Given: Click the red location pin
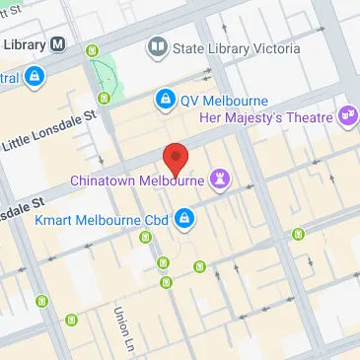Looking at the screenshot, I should (175, 157).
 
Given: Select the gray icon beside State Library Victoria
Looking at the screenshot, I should (157, 45).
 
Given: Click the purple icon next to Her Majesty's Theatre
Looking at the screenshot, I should (347, 116).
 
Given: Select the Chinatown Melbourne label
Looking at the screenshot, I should (137, 180).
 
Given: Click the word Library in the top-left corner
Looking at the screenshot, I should (24, 43).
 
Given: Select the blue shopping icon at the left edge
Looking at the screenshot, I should (35, 75).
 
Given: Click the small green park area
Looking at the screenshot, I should (102, 72).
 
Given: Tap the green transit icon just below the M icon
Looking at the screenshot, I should (94, 51).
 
